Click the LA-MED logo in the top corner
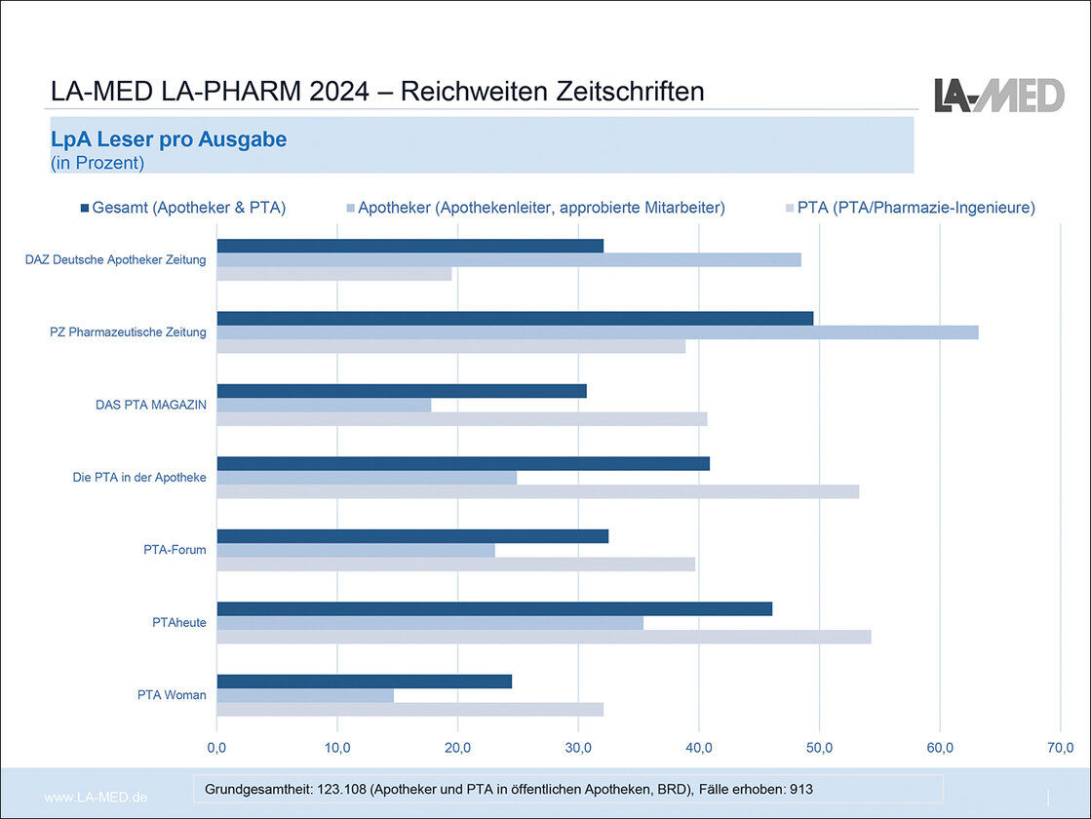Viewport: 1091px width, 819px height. click(999, 95)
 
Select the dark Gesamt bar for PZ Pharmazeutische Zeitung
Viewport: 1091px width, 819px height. click(515, 318)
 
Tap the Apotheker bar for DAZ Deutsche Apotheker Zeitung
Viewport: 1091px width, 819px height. click(509, 259)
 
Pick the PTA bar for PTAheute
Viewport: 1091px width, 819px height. click(543, 637)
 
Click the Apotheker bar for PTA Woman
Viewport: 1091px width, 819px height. click(305, 695)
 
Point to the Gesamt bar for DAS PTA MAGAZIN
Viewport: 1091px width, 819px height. click(402, 390)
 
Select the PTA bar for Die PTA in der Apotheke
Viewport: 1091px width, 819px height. click(537, 491)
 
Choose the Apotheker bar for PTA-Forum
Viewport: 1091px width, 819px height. click(356, 550)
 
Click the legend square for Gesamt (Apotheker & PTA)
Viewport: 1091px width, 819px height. click(85, 208)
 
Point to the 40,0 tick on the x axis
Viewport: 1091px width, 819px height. click(698, 748)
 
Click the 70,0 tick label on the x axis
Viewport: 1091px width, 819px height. click(1060, 748)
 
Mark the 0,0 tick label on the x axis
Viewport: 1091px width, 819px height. click(216, 748)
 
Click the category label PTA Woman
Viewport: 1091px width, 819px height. click(172, 695)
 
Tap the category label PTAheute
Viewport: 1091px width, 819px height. click(180, 622)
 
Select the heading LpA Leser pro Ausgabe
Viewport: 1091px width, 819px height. click(169, 139)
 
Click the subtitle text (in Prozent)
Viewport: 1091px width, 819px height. click(97, 163)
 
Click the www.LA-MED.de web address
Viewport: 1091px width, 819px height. click(97, 798)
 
